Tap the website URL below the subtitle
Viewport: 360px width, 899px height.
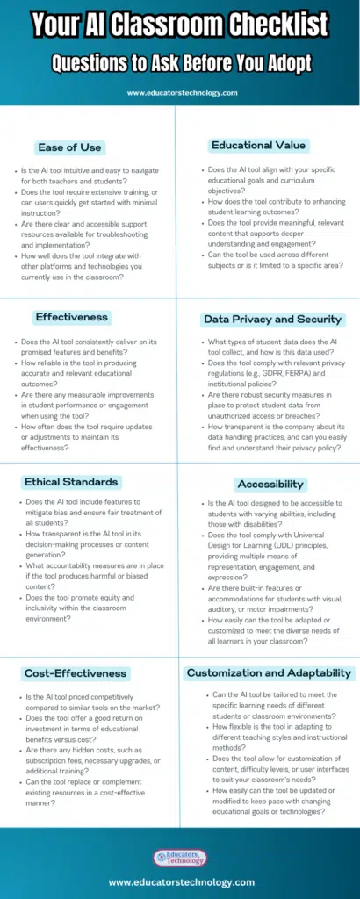pyautogui.click(x=179, y=91)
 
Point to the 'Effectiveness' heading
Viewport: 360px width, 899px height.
pyautogui.click(x=71, y=317)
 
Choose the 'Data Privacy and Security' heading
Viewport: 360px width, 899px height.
pyautogui.click(x=273, y=320)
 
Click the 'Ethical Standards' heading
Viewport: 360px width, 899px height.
pyautogui.click(x=71, y=481)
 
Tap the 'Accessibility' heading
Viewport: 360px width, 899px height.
pyautogui.click(x=270, y=484)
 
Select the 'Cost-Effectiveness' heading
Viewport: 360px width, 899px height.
pyautogui.click(x=76, y=673)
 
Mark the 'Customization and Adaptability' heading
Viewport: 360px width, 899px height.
pyautogui.click(x=269, y=673)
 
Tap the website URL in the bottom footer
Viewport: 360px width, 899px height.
pyautogui.click(x=179, y=882)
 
